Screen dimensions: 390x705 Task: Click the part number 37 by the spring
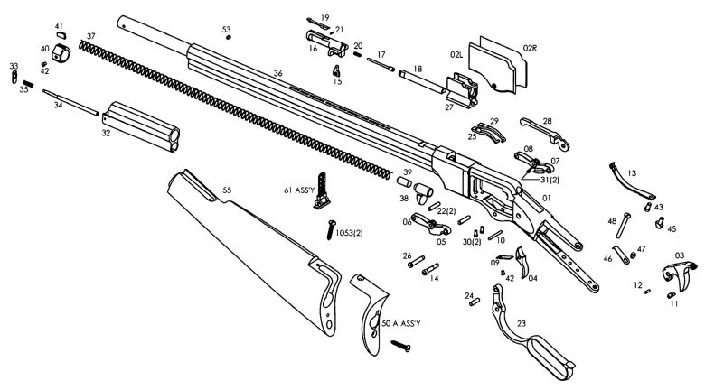91,36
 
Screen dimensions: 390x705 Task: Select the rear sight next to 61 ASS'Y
322,191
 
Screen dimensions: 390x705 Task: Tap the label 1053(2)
350,233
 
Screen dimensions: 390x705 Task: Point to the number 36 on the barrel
278,73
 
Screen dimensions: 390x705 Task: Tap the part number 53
226,30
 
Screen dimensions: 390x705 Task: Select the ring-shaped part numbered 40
61,51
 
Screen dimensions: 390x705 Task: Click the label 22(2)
446,210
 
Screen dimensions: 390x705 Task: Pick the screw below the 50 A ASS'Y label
401,344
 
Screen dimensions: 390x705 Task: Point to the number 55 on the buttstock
227,190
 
